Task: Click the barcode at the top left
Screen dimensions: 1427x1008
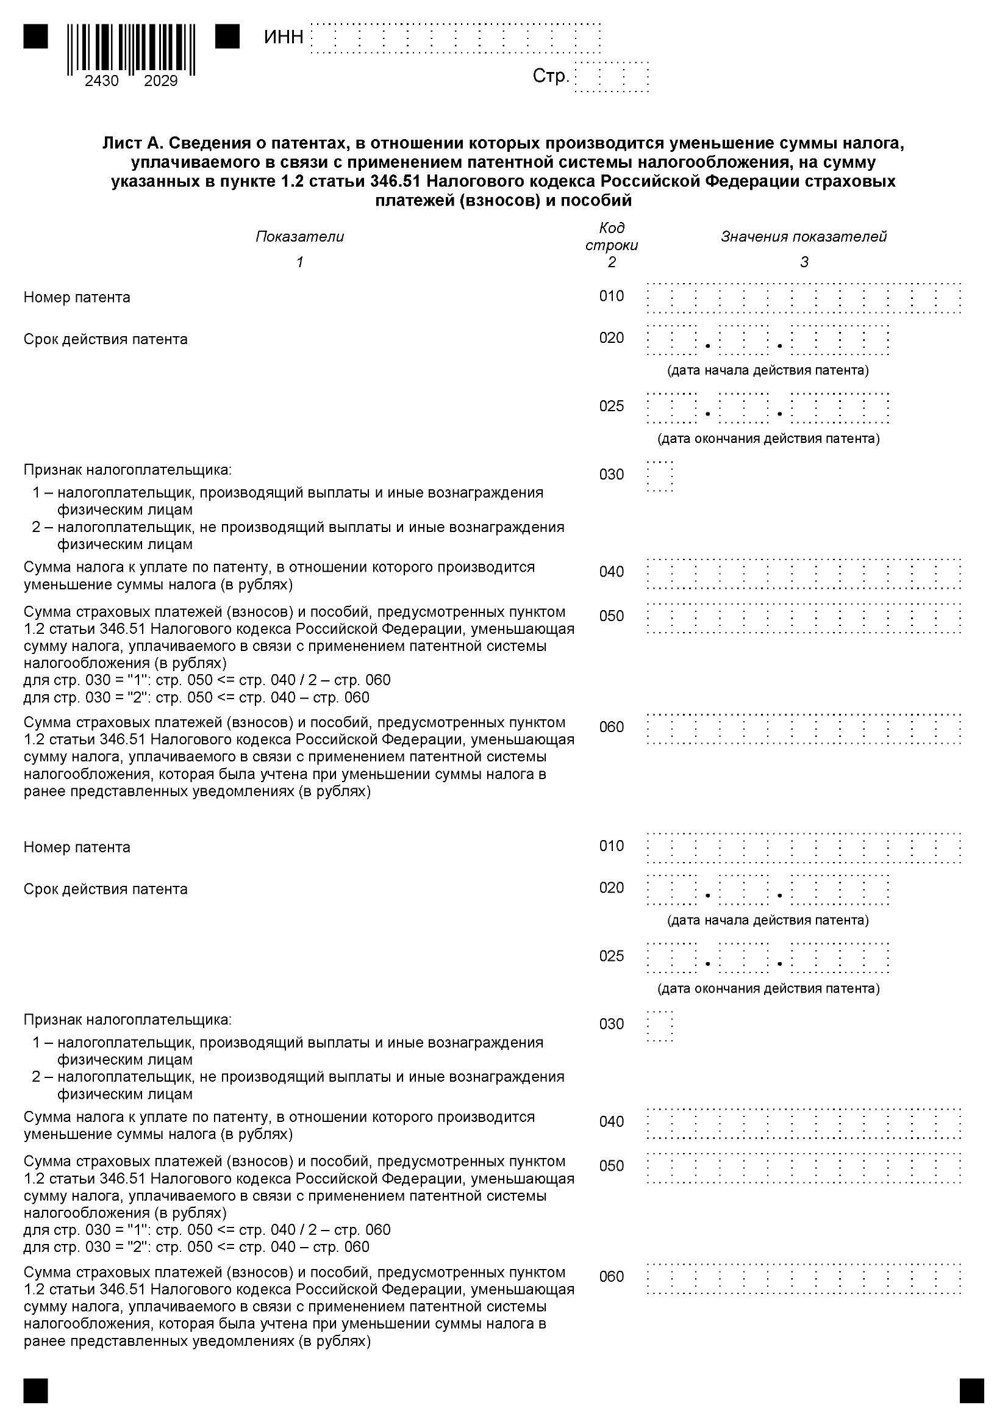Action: click(x=131, y=49)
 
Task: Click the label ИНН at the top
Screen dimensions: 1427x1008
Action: click(x=284, y=37)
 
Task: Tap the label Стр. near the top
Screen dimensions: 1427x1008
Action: click(x=551, y=76)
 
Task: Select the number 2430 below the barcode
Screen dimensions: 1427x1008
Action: click(x=102, y=81)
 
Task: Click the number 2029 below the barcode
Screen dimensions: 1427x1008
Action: click(x=161, y=81)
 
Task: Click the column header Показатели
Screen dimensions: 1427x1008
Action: click(x=299, y=236)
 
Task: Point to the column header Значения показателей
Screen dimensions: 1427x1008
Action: click(x=804, y=236)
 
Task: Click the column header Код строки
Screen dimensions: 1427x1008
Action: click(x=612, y=236)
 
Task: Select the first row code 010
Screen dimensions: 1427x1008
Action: click(x=612, y=296)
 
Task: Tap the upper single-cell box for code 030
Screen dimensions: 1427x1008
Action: click(x=660, y=476)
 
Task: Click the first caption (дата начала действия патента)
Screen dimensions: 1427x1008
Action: click(x=768, y=370)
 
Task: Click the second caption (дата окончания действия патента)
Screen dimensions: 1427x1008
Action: click(x=768, y=988)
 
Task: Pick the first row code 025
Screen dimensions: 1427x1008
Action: click(x=612, y=406)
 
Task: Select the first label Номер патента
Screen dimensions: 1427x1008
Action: click(x=77, y=297)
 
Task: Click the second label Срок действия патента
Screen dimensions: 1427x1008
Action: click(x=105, y=889)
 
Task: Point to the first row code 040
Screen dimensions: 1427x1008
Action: click(x=612, y=571)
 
